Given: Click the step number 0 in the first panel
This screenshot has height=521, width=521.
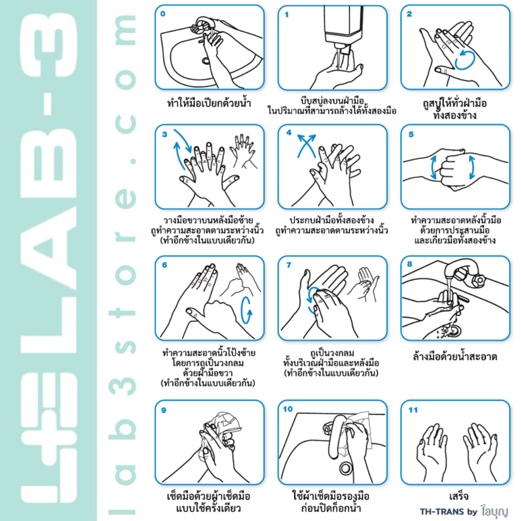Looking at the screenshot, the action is click(163, 14).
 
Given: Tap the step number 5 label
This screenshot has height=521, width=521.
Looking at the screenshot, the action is click(411, 134).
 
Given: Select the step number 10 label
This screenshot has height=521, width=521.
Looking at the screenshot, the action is click(288, 409).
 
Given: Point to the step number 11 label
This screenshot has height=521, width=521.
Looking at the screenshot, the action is click(413, 410).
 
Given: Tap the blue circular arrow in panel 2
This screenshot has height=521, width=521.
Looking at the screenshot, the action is click(465, 60).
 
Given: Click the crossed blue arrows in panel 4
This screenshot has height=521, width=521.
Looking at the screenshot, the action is click(306, 146).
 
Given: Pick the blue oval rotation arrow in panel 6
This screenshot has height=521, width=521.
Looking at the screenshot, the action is click(246, 310).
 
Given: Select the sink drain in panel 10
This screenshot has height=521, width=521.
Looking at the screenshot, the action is click(345, 468).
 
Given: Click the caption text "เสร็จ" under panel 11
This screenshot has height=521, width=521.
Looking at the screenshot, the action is click(459, 496).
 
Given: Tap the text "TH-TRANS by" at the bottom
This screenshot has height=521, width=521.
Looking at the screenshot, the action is click(448, 511).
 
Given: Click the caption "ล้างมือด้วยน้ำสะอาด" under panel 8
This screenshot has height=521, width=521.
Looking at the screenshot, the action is click(455, 356).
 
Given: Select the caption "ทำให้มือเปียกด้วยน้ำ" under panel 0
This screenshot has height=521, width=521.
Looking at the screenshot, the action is click(209, 103).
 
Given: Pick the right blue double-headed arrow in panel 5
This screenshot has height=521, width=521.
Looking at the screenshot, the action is click(472, 167).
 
